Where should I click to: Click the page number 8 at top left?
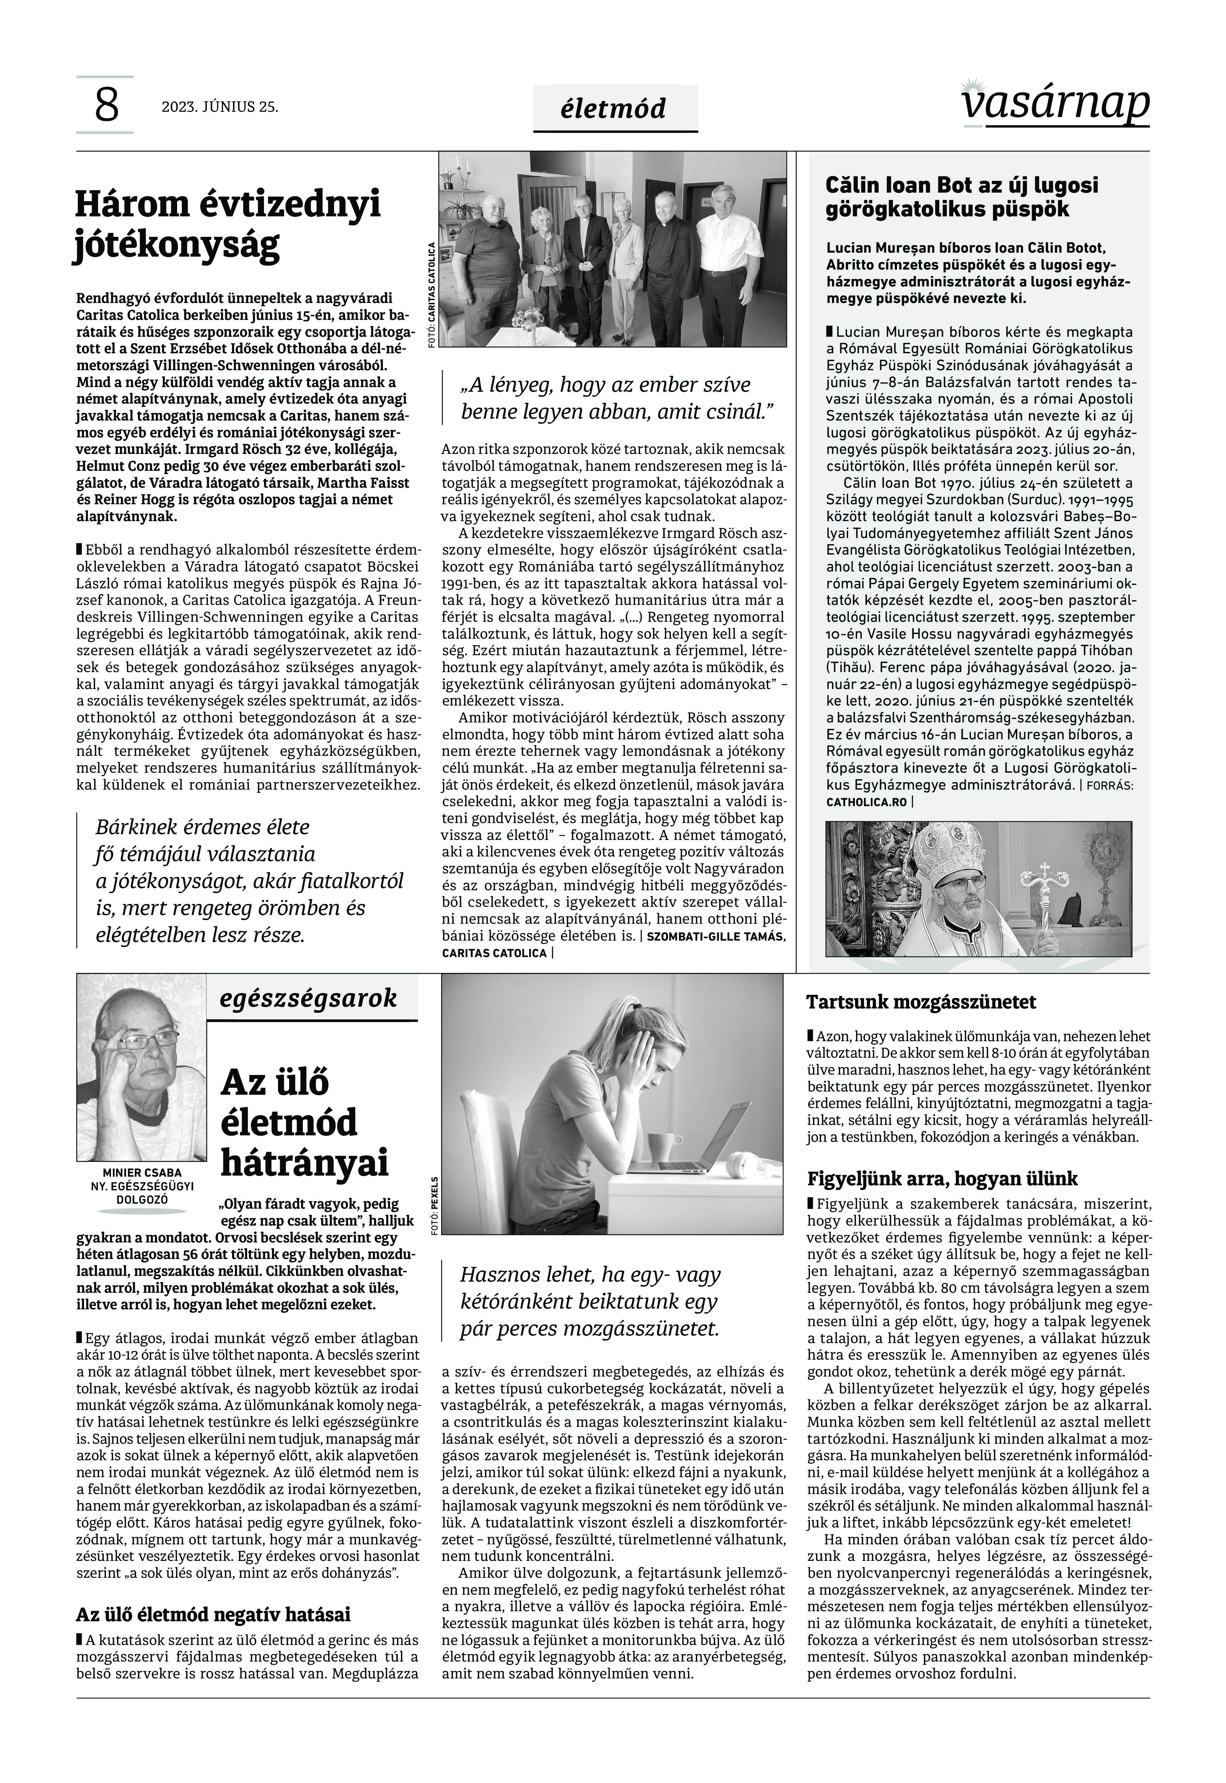(106, 105)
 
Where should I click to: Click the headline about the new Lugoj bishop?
(962, 197)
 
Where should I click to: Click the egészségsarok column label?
(308, 998)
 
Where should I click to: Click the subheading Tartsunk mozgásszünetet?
(921, 1002)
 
